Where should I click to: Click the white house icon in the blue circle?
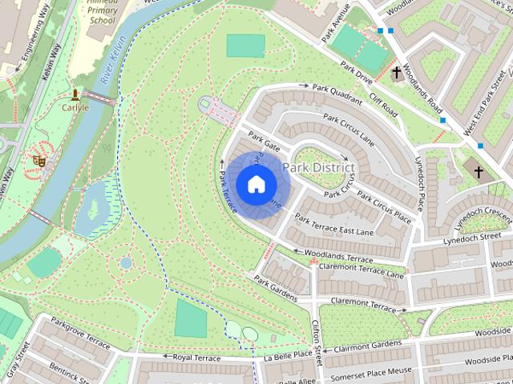255,184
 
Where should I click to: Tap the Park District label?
318,167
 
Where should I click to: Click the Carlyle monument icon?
75,94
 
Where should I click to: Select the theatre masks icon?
38,160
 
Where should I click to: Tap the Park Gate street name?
263,141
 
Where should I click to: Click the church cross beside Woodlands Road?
397,74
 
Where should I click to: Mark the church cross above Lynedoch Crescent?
479,172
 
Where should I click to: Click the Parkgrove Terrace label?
80,332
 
